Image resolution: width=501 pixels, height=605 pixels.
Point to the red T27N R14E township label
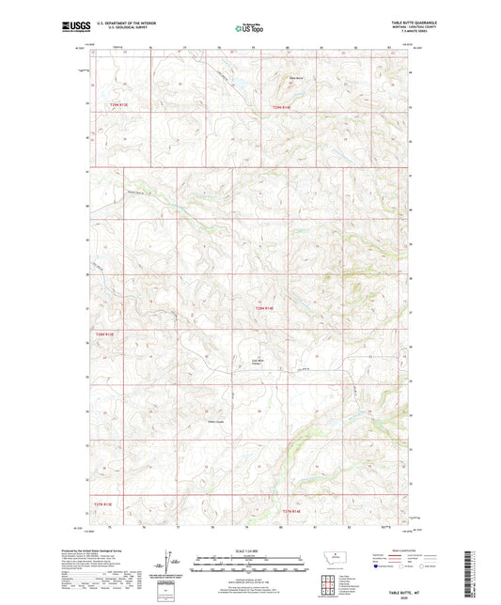click(294, 510)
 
